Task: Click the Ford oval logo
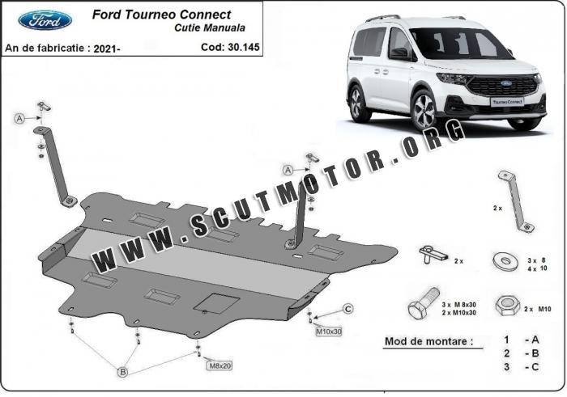(x=45, y=19)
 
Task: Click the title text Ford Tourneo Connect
(x=161, y=15)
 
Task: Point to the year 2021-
(x=107, y=49)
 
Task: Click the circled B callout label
(x=123, y=372)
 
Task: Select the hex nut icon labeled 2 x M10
(x=507, y=304)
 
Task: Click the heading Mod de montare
(x=427, y=342)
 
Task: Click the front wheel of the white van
(x=424, y=110)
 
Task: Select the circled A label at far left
(x=18, y=119)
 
